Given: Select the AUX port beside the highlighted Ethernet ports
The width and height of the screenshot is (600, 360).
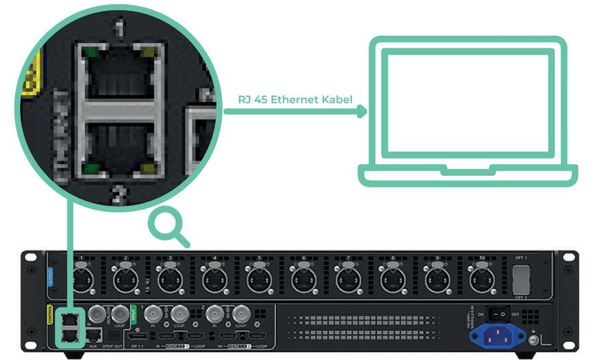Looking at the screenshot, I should [94, 335].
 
